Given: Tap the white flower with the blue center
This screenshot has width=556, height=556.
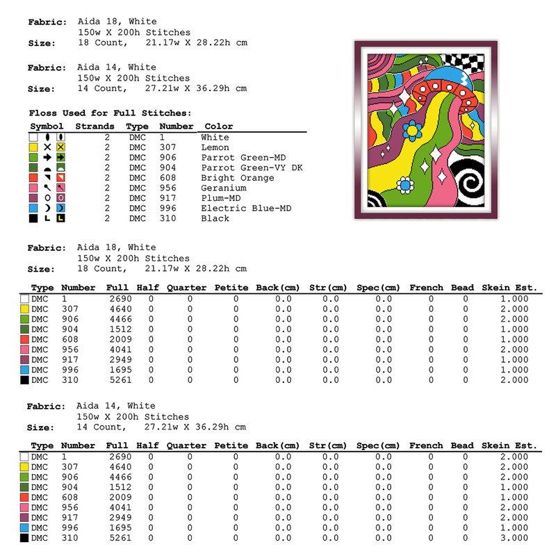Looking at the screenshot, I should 404,184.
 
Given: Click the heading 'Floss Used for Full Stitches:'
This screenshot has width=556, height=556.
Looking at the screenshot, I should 110,113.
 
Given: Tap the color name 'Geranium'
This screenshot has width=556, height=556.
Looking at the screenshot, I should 223,188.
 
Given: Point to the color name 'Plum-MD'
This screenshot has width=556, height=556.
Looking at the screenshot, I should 220,198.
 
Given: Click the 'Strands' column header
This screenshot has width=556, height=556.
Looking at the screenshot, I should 95,126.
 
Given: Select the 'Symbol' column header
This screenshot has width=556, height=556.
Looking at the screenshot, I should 47,126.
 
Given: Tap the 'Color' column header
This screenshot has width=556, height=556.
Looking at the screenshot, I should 218,126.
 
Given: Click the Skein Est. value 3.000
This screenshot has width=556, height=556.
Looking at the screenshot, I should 514,539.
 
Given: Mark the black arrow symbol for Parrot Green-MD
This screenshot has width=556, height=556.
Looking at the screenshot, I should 47,158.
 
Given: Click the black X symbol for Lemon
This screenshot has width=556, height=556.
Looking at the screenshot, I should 47,147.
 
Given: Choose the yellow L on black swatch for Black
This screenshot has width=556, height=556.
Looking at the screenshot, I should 61,218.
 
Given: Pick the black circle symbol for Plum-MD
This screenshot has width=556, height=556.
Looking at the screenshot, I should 47,198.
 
